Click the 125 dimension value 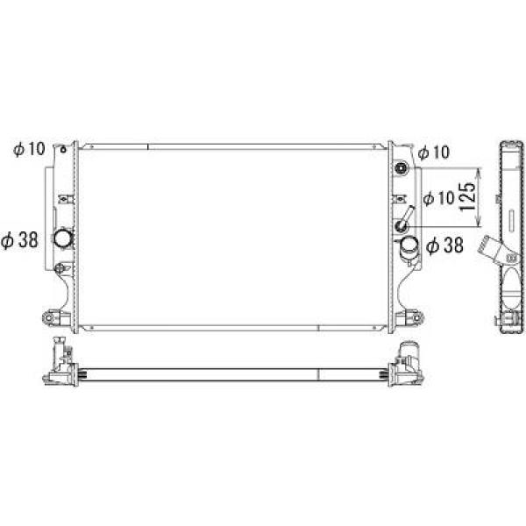coord(468,196)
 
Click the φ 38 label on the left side coord(19,240)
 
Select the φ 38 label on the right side coord(444,245)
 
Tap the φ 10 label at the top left coord(29,149)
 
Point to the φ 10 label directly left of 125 coord(439,198)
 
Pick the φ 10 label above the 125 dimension coord(433,153)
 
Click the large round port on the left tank coord(63,238)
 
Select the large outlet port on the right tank coord(409,247)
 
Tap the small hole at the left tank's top coord(63,149)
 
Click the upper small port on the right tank coord(402,167)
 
